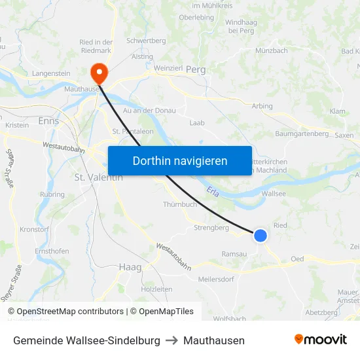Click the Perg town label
pyautogui.click(x=196, y=69)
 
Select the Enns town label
pyautogui.click(x=48, y=122)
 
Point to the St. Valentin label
pyautogui.click(x=98, y=177)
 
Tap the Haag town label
pyautogui.click(x=130, y=267)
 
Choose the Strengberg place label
pyautogui.click(x=211, y=228)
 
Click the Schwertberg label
pyautogui.click(x=146, y=41)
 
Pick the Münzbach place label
pyautogui.click(x=271, y=50)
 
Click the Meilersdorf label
pyautogui.click(x=216, y=279)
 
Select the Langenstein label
pyautogui.click(x=51, y=74)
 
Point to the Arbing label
pyautogui.click(x=262, y=106)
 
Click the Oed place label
pyautogui.click(x=297, y=259)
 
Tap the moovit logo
pyautogui.click(x=321, y=339)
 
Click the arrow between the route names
pyautogui.click(x=171, y=340)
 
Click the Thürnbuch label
pyautogui.click(x=179, y=204)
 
